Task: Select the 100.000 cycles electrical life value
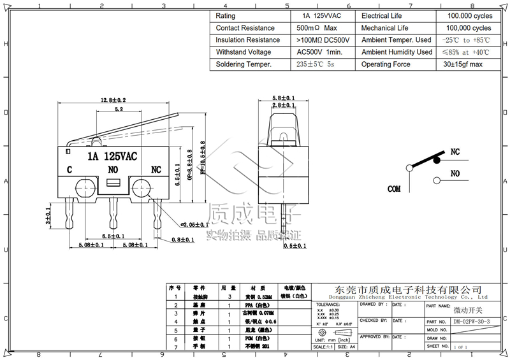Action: point(469,15)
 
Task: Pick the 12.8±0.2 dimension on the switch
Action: point(113,100)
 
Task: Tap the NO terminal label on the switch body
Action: point(113,170)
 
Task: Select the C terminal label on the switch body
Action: point(69,170)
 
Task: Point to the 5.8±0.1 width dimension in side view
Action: point(283,97)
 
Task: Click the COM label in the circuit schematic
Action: point(395,189)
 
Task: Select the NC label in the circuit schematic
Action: point(456,152)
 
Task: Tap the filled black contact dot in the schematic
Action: point(437,161)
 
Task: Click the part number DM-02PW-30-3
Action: point(472,322)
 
